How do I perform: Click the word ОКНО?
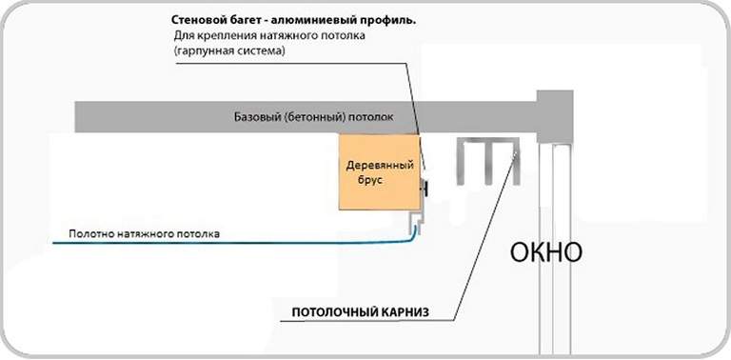point(545,253)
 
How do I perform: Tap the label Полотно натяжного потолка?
point(143,233)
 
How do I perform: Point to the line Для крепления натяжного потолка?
point(269,36)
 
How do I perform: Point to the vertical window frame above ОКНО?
point(554,181)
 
